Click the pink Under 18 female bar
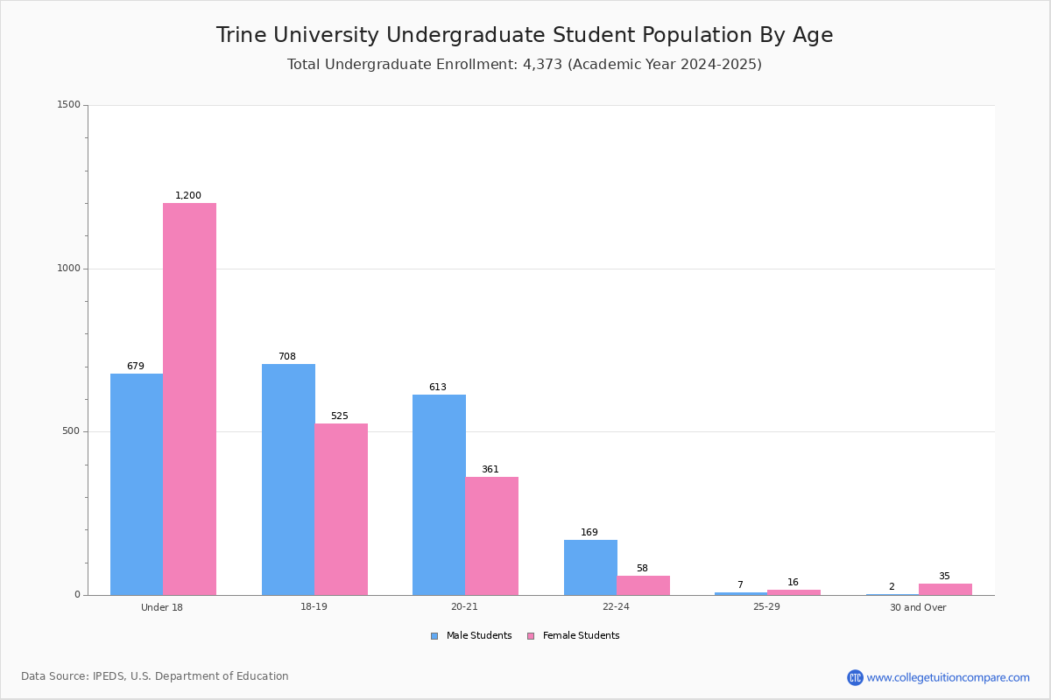(189, 399)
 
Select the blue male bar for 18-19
(288, 479)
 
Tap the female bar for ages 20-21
(491, 535)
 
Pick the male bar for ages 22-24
(590, 567)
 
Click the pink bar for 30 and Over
(945, 590)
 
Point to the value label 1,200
(188, 195)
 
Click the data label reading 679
(136, 366)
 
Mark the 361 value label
(490, 469)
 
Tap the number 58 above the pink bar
(642, 568)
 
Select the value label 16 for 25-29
(793, 582)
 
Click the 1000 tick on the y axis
(69, 268)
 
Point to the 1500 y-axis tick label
(69, 104)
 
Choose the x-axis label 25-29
(766, 606)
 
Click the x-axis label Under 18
(162, 607)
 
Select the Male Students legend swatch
(434, 636)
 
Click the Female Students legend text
(581, 635)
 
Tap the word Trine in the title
(241, 35)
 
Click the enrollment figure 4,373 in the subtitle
(542, 64)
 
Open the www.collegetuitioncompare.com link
(948, 677)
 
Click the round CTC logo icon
(855, 677)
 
